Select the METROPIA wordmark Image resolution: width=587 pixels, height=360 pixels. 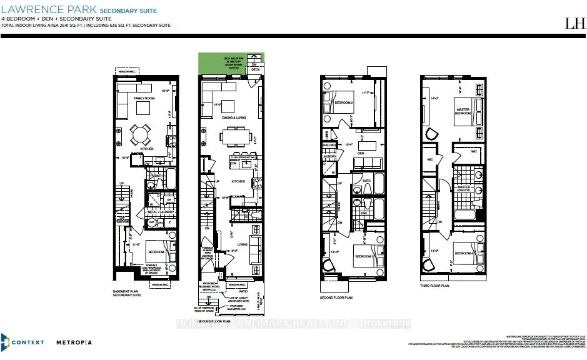(74, 342)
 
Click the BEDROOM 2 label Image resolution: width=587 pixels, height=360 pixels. (343, 102)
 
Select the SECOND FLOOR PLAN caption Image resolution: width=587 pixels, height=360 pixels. (336, 297)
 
